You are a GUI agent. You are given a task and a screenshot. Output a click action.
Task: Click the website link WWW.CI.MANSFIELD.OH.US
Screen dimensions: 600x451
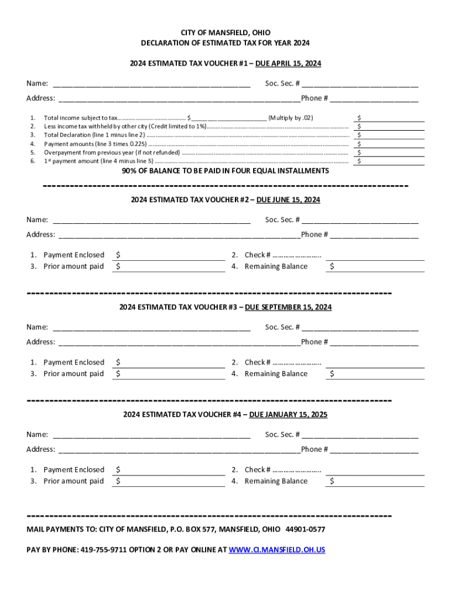click(276, 550)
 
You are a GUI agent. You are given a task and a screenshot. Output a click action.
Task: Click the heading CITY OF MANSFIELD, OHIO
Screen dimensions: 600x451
click(225, 33)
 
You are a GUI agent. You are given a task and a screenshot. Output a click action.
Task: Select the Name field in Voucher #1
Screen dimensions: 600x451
click(152, 83)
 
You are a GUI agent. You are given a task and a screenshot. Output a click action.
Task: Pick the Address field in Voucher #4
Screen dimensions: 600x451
click(179, 449)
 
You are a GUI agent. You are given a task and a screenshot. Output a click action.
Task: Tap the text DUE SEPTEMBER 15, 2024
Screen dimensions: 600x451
click(288, 307)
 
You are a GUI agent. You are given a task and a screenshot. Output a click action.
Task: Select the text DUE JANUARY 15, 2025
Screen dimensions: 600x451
click(288, 414)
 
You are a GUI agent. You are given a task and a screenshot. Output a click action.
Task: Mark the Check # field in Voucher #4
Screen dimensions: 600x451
click(375, 469)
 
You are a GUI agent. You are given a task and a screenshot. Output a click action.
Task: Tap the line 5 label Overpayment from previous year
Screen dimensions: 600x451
click(112, 152)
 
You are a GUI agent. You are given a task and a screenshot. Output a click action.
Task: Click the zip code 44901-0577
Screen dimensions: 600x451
click(305, 529)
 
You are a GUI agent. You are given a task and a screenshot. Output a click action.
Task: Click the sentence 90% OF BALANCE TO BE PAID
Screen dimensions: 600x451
click(225, 171)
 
